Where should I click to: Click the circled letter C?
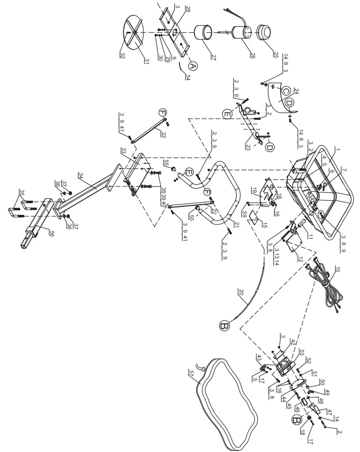point(285,91)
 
